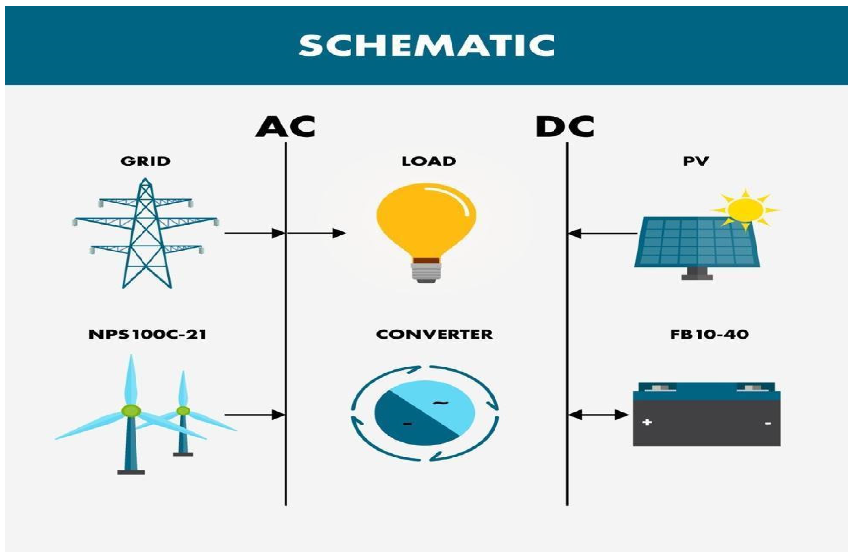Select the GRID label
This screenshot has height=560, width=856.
point(145,161)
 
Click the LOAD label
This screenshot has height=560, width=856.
point(429,161)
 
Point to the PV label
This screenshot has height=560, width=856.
point(696,161)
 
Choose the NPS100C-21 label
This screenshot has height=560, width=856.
point(147,335)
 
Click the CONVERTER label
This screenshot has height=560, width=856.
point(434,335)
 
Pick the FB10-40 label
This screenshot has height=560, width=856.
point(709,335)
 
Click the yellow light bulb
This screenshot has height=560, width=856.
point(426,223)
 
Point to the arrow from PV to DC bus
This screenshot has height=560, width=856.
point(602,233)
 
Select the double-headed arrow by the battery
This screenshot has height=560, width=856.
point(598,415)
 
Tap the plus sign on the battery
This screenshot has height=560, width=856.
point(647,422)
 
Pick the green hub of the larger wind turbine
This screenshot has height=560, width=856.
point(131,410)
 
